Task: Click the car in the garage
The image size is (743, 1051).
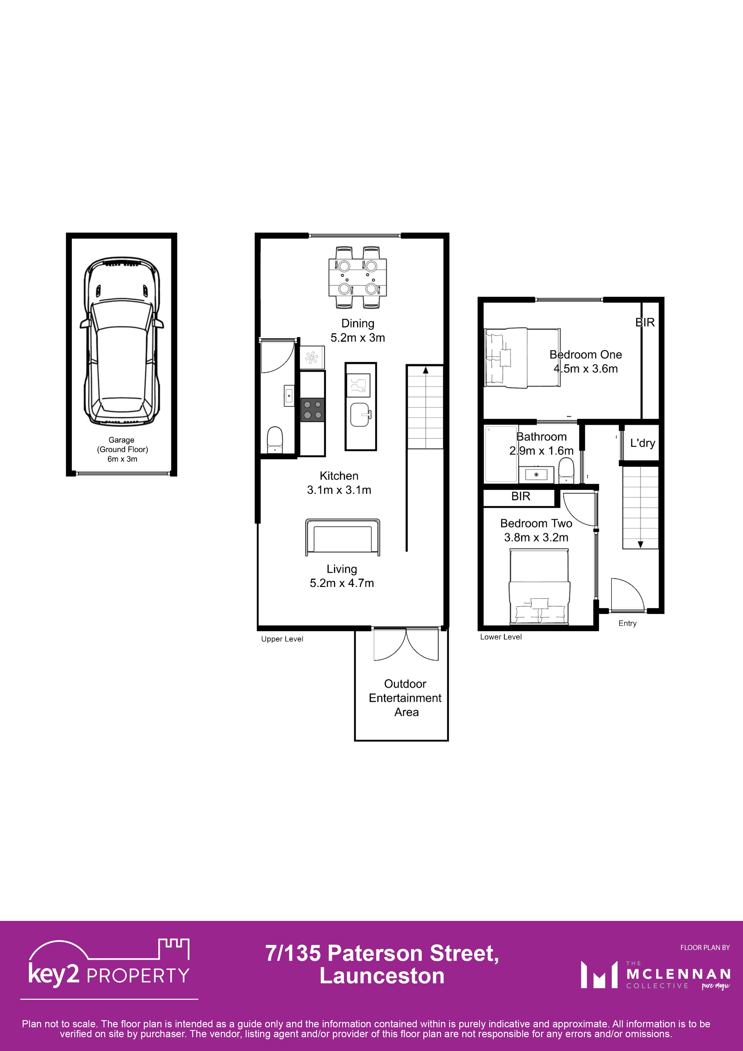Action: [x=121, y=341]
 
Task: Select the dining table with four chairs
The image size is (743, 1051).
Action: [x=357, y=277]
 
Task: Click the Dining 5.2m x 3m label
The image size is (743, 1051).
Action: [x=357, y=330]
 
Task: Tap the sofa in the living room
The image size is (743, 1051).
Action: [x=342, y=537]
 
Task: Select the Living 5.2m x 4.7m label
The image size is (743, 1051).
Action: [x=342, y=576]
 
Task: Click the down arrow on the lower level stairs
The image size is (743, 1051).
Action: [x=641, y=544]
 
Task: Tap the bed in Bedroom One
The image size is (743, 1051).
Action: [x=522, y=357]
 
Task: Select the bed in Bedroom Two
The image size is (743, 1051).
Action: [x=539, y=587]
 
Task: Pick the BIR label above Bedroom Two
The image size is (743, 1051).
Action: [x=520, y=496]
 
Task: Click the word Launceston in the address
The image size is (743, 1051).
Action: [x=382, y=976]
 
